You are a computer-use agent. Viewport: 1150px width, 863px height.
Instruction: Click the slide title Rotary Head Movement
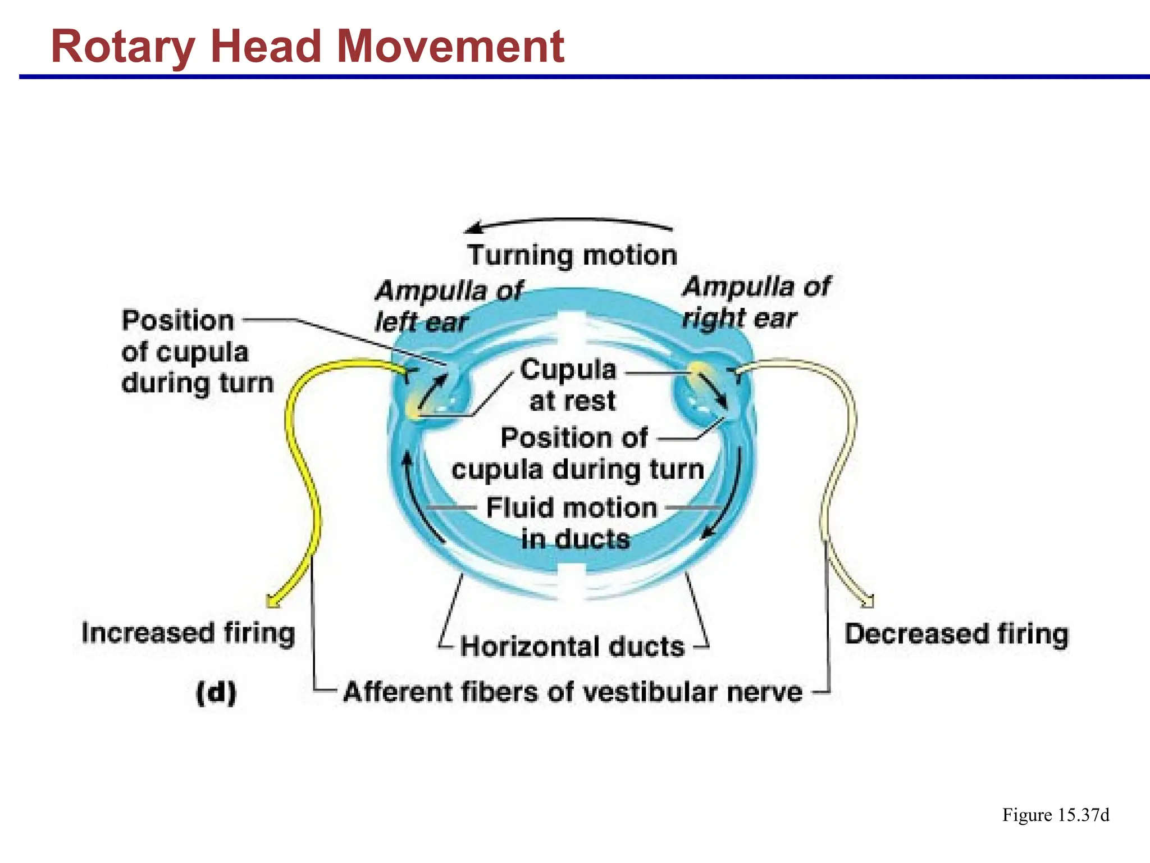(x=307, y=47)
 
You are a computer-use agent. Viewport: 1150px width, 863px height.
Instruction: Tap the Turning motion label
(x=572, y=256)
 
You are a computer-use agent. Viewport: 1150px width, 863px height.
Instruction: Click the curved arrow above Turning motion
(x=567, y=221)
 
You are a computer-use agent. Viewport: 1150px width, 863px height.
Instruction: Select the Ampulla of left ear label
(x=448, y=306)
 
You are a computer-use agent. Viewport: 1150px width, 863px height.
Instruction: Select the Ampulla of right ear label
(x=755, y=302)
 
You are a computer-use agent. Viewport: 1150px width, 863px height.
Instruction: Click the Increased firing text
(x=188, y=633)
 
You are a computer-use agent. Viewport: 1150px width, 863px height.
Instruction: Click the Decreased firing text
(x=956, y=634)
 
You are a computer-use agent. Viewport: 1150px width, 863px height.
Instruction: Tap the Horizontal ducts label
(x=572, y=647)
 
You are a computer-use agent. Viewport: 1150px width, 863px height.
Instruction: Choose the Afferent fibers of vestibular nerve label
(x=572, y=692)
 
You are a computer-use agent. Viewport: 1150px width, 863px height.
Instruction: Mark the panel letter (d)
(x=216, y=693)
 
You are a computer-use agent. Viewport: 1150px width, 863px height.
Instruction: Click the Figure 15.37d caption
(x=1055, y=815)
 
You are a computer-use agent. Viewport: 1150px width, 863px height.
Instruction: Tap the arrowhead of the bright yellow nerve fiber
(x=273, y=602)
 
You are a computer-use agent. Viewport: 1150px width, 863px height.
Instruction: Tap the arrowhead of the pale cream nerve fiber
(x=868, y=602)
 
